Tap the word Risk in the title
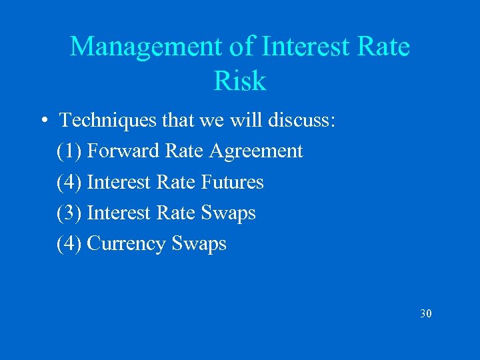coord(240,81)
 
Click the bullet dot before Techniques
coord(43,121)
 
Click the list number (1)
coord(69,151)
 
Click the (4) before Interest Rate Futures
coord(69,182)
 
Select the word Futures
coord(232,182)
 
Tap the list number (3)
coord(69,213)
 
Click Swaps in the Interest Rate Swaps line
coord(227,213)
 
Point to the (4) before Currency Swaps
coord(69,243)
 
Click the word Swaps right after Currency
coord(199,244)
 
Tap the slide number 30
coord(426,313)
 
